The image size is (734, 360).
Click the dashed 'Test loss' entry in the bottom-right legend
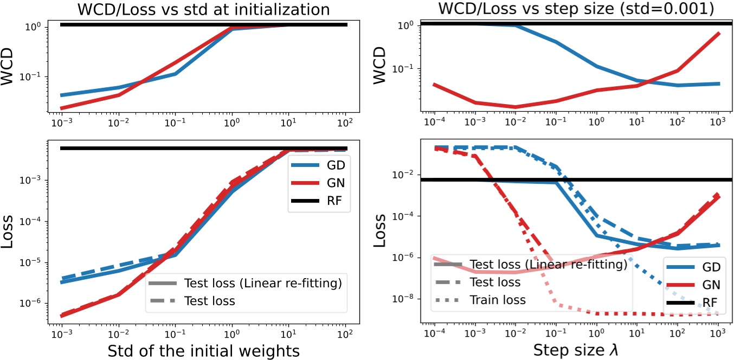[x=495, y=282]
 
